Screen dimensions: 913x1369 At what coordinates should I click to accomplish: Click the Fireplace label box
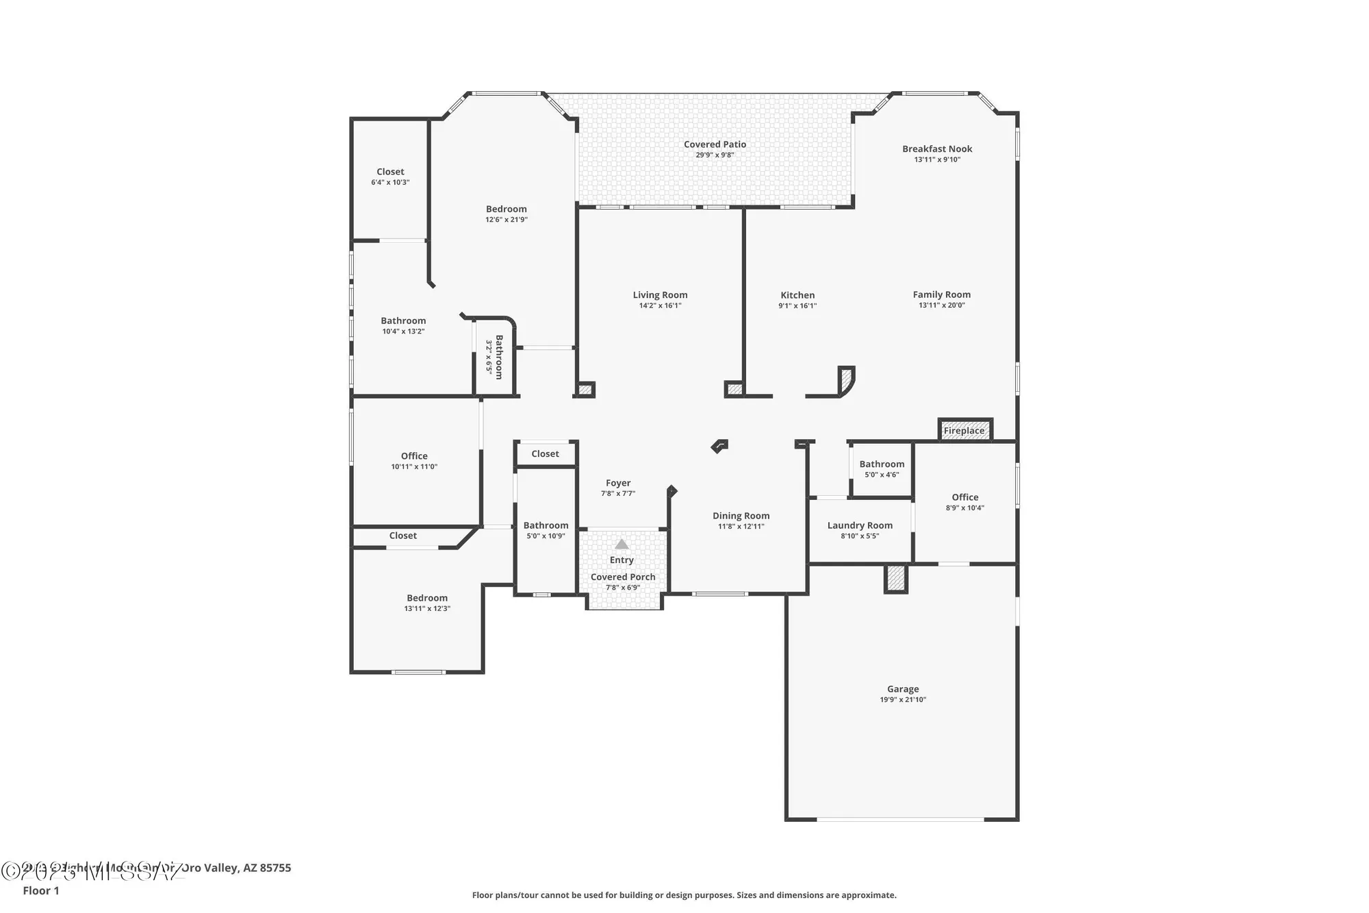click(x=964, y=431)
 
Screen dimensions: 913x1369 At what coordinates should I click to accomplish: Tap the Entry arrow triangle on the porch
click(x=622, y=545)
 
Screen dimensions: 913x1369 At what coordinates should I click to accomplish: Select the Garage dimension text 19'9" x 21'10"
click(x=903, y=700)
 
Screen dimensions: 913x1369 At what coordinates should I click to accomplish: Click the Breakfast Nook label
click(x=937, y=149)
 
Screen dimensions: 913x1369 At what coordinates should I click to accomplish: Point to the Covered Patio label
click(x=715, y=145)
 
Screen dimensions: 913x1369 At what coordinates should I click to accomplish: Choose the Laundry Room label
click(x=860, y=525)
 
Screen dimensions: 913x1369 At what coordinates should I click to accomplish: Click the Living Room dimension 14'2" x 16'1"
click(x=660, y=305)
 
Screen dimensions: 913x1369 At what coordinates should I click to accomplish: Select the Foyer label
click(x=618, y=483)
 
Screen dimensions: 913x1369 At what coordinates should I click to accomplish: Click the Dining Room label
click(x=741, y=516)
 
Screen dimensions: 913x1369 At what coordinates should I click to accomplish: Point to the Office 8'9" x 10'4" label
click(x=965, y=498)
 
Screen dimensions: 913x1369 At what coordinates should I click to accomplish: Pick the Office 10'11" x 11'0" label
click(x=414, y=456)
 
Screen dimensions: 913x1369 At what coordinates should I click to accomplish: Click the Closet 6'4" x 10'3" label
click(x=390, y=172)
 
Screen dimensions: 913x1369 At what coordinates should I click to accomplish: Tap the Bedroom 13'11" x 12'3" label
click(x=427, y=598)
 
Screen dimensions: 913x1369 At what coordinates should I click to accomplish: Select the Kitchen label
click(x=797, y=295)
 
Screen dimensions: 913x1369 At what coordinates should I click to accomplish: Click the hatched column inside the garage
click(x=896, y=579)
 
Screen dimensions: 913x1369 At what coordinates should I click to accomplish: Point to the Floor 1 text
click(x=41, y=890)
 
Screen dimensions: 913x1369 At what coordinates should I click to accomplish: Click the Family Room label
click(x=941, y=295)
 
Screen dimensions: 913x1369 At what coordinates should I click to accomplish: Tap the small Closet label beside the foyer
click(x=545, y=454)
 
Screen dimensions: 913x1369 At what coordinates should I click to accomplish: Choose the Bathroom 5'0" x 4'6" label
click(x=882, y=464)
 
